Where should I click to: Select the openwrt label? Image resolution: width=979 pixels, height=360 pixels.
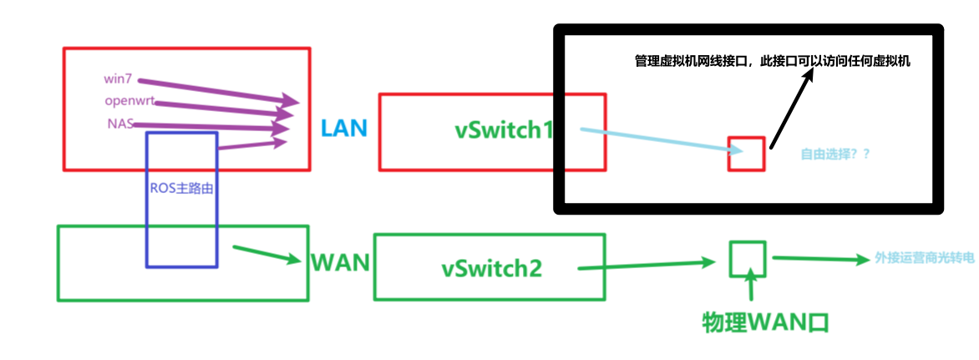[129, 101]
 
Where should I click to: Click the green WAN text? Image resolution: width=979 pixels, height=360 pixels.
[340, 263]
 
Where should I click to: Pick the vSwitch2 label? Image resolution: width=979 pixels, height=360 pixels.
[492, 268]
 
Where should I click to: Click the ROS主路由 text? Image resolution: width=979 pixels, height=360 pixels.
[182, 188]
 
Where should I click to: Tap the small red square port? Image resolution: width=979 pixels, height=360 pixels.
[746, 154]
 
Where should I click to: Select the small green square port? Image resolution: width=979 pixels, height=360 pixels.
[748, 259]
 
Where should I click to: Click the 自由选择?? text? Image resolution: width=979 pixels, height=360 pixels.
[835, 155]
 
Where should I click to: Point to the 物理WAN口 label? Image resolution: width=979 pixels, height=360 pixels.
[765, 322]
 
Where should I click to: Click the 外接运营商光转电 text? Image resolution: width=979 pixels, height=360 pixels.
[924, 258]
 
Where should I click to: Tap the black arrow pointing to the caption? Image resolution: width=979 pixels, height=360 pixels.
[789, 109]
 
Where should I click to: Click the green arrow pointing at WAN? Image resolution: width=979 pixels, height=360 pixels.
[266, 254]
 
